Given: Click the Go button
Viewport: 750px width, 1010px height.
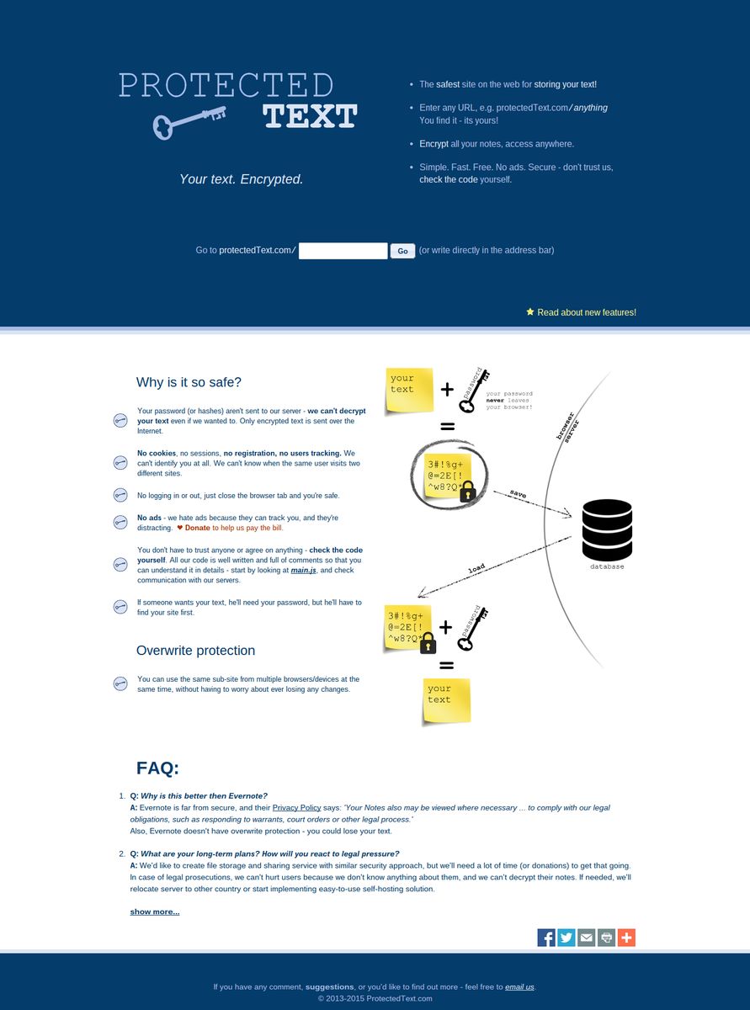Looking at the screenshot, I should click(x=402, y=251).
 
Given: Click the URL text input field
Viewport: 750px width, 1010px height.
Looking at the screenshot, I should click(x=343, y=251).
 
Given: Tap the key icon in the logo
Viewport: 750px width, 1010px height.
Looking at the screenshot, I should click(x=189, y=121).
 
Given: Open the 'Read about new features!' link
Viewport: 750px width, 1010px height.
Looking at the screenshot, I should click(x=586, y=312).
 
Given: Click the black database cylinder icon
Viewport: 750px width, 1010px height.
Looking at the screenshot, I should click(x=607, y=530).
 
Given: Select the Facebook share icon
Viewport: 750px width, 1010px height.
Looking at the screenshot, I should click(x=546, y=938).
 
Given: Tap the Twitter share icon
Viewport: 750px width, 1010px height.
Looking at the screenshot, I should click(x=566, y=938).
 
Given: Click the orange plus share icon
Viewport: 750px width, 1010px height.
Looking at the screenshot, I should click(x=626, y=938).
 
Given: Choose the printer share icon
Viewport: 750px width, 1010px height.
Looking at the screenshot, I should click(x=606, y=938).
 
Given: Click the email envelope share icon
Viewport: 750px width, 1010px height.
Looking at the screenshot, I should click(x=587, y=938).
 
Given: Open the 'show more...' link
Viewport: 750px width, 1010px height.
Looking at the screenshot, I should click(x=154, y=912).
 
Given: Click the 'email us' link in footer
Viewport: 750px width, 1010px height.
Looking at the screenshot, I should click(x=519, y=986).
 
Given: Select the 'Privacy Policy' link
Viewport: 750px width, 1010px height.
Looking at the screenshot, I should click(x=296, y=807).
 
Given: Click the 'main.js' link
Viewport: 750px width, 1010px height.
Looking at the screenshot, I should click(x=304, y=570).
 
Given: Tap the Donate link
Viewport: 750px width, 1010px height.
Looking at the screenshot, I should click(x=197, y=528).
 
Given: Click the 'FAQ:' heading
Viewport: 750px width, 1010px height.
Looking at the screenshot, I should click(x=157, y=768).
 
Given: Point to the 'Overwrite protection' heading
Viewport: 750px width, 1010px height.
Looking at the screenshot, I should click(x=195, y=651).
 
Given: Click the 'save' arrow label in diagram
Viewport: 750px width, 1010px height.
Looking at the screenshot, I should click(x=518, y=495).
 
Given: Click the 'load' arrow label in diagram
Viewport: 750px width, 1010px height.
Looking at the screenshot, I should click(x=476, y=569).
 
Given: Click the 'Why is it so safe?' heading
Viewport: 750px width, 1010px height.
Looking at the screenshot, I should click(x=189, y=382).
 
